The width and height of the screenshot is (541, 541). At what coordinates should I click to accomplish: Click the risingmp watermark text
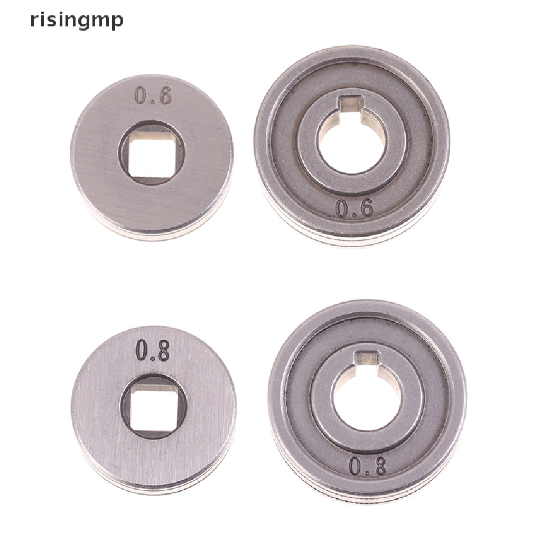[x=77, y=21]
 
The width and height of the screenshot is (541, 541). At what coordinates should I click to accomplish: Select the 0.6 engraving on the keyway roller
[x=355, y=209]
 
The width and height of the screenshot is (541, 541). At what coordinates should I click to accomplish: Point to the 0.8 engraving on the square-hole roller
[x=153, y=350]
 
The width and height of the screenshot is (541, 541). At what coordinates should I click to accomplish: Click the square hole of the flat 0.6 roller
[x=152, y=153]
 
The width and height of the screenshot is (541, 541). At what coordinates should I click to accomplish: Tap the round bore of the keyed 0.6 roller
[x=352, y=142]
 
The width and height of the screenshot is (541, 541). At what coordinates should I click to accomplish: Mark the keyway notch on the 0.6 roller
[x=350, y=103]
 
